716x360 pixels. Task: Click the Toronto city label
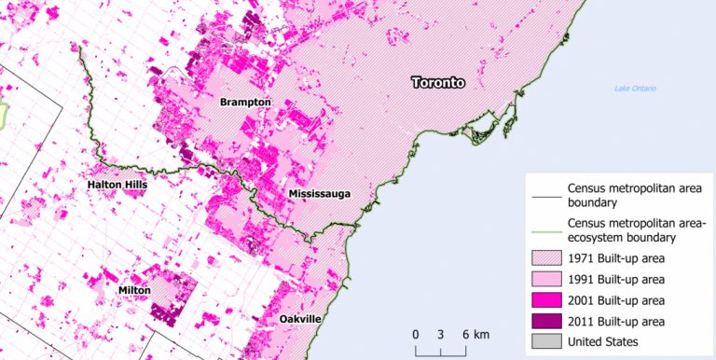pyautogui.click(x=438, y=82)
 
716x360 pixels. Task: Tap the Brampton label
pyautogui.click(x=245, y=102)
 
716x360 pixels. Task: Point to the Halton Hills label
pyautogui.click(x=117, y=185)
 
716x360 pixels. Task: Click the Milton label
pyautogui.click(x=134, y=291)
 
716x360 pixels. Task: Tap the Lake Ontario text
pyautogui.click(x=635, y=89)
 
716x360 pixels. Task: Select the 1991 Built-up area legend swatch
pyautogui.click(x=544, y=279)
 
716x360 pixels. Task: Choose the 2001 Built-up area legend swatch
pyautogui.click(x=544, y=300)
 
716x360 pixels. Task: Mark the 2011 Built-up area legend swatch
pyautogui.click(x=544, y=321)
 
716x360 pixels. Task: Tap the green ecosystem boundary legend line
pyautogui.click(x=544, y=224)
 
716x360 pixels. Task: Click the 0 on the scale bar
pyautogui.click(x=416, y=335)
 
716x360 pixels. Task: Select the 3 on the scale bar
pyautogui.click(x=438, y=335)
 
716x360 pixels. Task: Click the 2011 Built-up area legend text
pyautogui.click(x=620, y=321)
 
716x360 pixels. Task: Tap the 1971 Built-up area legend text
pyautogui.click(x=620, y=258)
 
